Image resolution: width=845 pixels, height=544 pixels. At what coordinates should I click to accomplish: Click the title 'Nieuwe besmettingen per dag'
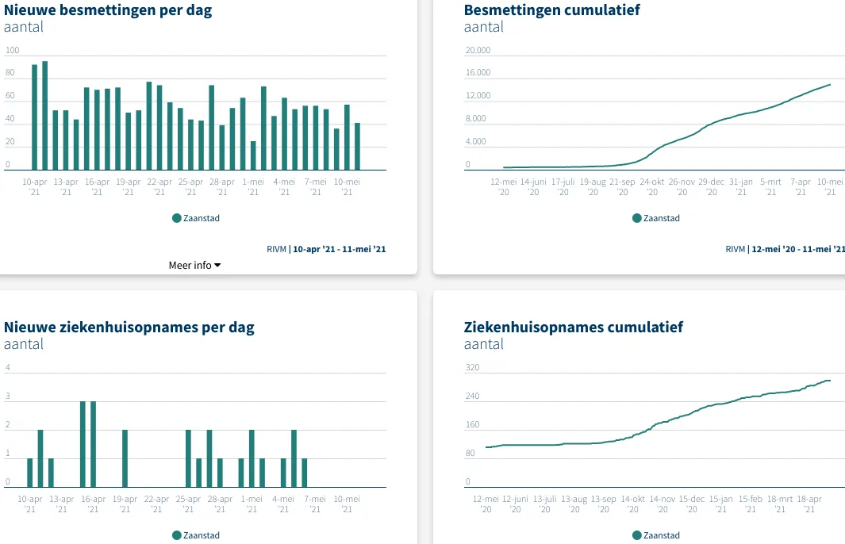[108, 10]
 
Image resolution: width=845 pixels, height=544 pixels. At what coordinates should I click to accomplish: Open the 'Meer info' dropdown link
[194, 265]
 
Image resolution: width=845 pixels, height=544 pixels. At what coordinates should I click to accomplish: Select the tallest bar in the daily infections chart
[44, 116]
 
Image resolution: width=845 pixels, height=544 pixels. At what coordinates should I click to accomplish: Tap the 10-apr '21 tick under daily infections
[34, 186]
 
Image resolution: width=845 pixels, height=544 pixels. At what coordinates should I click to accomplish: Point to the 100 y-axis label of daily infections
[12, 50]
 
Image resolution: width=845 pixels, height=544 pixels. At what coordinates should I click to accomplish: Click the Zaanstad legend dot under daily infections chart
[177, 218]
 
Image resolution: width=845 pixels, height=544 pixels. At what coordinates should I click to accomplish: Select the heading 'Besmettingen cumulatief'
[551, 10]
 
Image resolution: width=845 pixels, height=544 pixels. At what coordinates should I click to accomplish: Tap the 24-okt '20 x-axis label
[652, 186]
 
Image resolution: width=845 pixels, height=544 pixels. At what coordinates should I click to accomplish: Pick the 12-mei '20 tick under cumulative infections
[505, 186]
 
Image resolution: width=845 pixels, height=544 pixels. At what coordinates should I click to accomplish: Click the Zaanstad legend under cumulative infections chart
[656, 218]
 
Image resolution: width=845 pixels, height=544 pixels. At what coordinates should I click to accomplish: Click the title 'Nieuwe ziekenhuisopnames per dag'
[129, 327]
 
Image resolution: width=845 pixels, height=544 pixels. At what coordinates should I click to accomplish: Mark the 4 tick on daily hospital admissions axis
[8, 368]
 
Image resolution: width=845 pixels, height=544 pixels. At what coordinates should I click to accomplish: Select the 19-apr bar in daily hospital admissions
[125, 458]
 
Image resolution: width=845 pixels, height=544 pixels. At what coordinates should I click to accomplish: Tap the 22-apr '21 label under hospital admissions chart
[156, 504]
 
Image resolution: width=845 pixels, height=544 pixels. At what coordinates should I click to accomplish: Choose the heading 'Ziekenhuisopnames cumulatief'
[573, 327]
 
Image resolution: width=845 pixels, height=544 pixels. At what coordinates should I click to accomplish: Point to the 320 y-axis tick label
[473, 368]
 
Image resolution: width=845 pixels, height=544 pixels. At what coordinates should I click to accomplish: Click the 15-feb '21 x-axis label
[751, 504]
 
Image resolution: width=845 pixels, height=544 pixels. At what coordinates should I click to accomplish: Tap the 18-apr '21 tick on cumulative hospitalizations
[809, 504]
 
